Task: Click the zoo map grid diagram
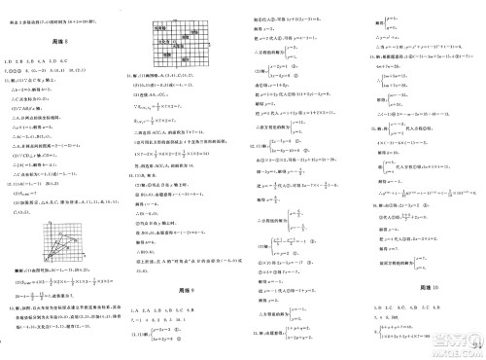point(181,48)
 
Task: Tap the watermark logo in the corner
point(457,340)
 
